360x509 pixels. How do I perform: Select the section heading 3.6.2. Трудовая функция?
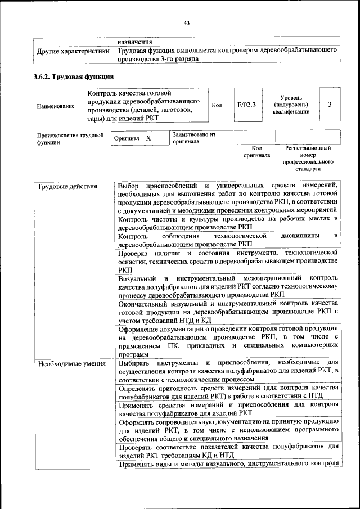point(74,76)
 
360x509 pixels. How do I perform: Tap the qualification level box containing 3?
point(330,105)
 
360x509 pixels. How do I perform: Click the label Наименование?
point(56,106)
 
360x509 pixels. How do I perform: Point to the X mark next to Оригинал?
point(148,138)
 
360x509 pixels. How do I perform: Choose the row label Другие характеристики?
point(73,51)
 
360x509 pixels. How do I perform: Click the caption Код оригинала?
point(256,151)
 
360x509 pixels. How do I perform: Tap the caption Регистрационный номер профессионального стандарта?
point(308,158)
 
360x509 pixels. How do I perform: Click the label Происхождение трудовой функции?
point(70,139)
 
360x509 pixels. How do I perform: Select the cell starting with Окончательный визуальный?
point(228,312)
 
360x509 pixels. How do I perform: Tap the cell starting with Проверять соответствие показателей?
point(228,451)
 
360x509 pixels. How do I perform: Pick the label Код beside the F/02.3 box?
point(217,105)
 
